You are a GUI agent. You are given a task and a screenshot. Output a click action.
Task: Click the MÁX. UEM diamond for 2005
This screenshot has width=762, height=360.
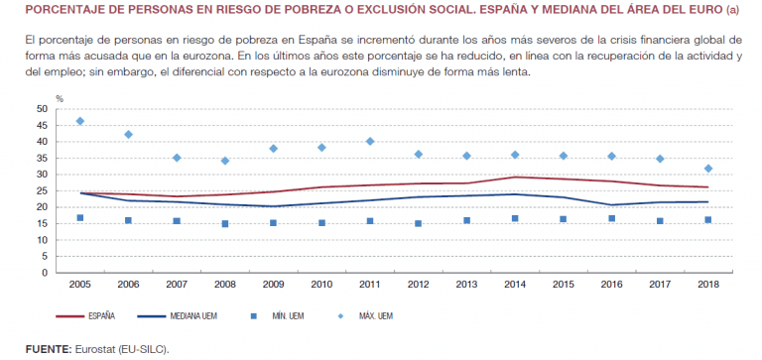(80, 121)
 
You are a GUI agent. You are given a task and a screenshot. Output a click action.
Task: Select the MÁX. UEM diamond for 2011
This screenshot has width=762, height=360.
(370, 142)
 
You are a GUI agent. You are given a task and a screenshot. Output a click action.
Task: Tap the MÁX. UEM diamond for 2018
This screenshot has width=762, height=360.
(708, 169)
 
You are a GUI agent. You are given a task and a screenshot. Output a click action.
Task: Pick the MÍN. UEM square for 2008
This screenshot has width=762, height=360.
(225, 224)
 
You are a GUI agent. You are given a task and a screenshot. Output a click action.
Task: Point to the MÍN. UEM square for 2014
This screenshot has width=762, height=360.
(515, 218)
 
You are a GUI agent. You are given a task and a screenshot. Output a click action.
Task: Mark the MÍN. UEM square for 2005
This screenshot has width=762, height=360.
(80, 218)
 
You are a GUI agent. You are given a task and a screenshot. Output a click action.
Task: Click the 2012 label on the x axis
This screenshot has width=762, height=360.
(418, 284)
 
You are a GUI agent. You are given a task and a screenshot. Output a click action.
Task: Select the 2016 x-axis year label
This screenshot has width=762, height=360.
(611, 284)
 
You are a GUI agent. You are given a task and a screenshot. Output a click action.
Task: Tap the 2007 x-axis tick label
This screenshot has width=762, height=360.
(177, 284)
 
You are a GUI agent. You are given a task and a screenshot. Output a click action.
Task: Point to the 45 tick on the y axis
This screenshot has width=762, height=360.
(43, 125)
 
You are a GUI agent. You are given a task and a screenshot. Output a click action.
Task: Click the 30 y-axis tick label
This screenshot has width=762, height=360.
(43, 175)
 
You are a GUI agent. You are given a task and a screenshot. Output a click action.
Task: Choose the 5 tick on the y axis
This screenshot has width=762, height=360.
(46, 257)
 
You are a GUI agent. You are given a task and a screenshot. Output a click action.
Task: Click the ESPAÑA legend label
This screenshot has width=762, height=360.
(101, 316)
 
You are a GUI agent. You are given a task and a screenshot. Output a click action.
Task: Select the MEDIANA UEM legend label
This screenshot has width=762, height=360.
(193, 316)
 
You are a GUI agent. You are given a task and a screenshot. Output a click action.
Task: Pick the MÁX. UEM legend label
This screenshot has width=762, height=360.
(376, 316)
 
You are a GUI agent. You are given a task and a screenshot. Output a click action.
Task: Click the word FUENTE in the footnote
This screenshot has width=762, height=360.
(48, 349)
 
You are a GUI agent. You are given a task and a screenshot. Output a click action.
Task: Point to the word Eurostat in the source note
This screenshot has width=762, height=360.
(93, 349)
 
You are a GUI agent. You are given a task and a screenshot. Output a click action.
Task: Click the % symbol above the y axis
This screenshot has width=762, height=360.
(60, 99)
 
